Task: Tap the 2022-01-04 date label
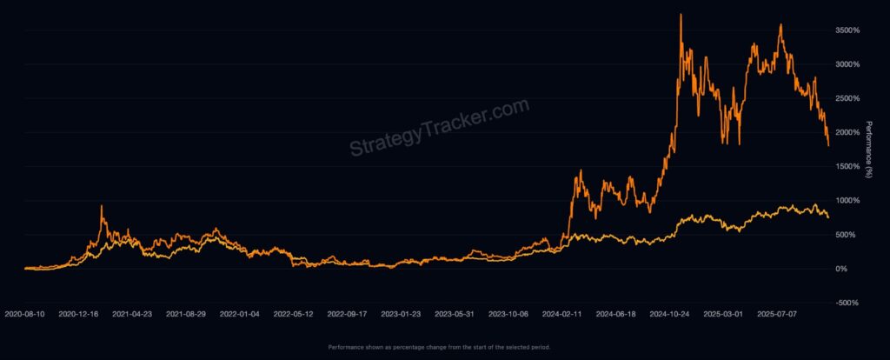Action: [x=241, y=312]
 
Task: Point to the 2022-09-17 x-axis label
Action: [x=349, y=312]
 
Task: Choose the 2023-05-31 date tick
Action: [x=455, y=312]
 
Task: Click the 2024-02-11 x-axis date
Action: [x=563, y=312]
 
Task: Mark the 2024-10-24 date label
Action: [x=671, y=312]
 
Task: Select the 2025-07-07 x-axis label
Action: [x=778, y=312]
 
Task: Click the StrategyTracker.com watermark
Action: [x=439, y=128]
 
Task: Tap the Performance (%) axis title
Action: [x=868, y=149]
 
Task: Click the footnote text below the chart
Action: [x=439, y=347]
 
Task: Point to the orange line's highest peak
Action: [x=681, y=15]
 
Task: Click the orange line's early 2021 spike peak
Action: [x=102, y=206]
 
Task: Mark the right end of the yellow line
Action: [x=828, y=217]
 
